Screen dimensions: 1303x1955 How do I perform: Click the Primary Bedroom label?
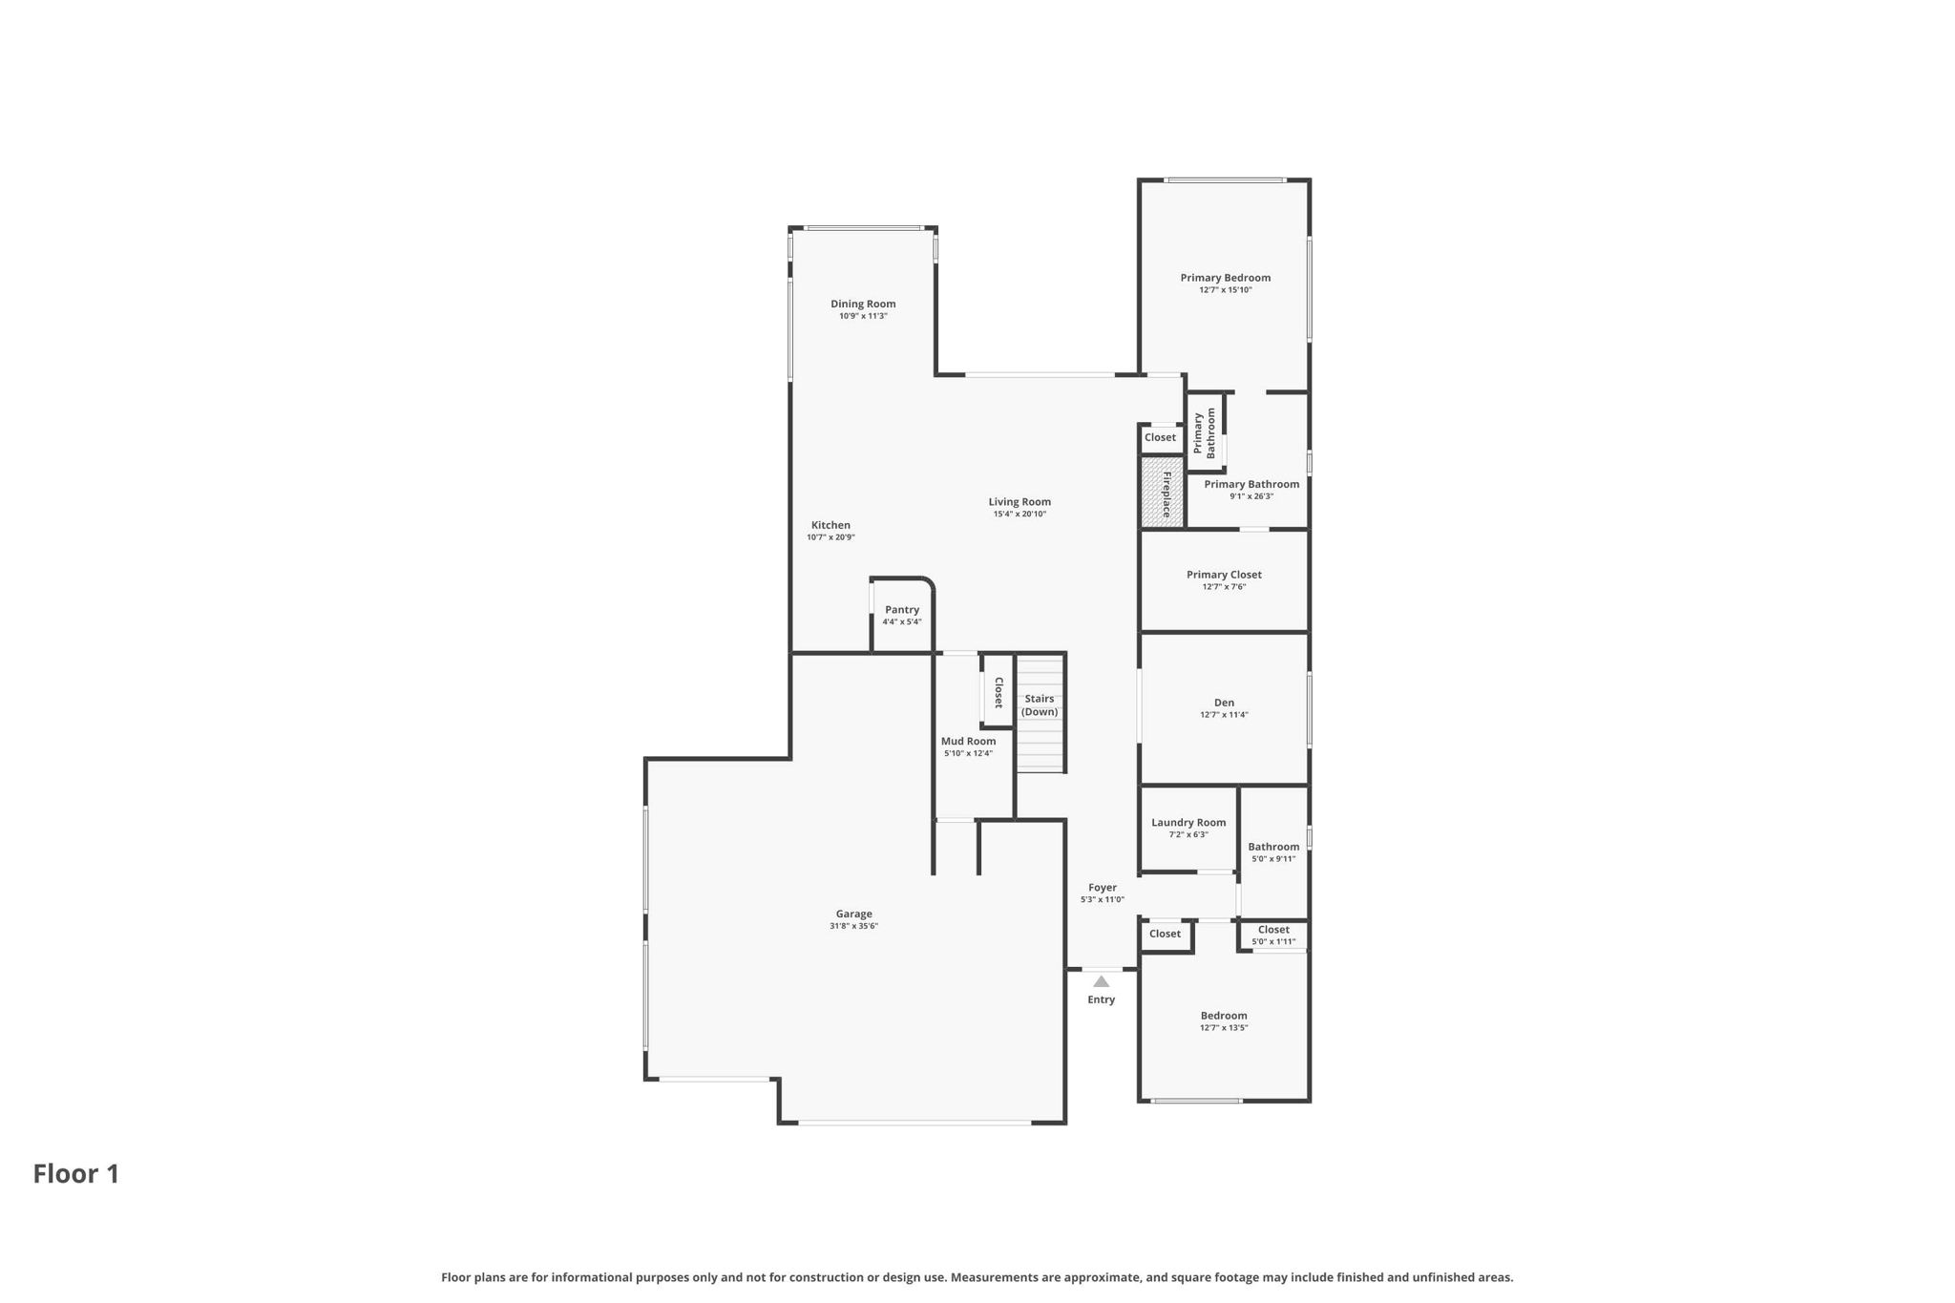click(1225, 278)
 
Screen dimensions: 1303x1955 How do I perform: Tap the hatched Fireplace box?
click(1162, 493)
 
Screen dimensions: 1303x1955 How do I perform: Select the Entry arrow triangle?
click(1101, 981)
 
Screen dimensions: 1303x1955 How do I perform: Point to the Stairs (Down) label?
click(1040, 705)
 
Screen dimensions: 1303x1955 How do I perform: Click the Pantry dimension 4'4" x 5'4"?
click(901, 622)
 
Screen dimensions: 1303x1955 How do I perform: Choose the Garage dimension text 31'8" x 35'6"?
click(853, 926)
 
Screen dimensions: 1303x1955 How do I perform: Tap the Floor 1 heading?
click(76, 1173)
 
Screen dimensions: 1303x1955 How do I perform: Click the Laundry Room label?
click(1188, 822)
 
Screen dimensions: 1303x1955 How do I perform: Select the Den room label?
click(1224, 703)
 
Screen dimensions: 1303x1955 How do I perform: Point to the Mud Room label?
click(968, 741)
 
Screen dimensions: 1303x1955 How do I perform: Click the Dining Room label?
click(863, 304)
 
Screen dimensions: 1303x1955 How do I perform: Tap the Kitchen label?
click(830, 525)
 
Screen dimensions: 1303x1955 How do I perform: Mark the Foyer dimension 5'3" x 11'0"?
click(1102, 900)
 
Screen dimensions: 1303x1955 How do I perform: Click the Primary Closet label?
click(1224, 575)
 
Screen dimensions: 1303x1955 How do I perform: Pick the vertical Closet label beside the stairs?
click(999, 692)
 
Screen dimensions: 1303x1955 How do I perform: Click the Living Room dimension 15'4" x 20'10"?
click(1020, 515)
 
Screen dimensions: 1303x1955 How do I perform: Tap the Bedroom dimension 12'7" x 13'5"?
click(1224, 1028)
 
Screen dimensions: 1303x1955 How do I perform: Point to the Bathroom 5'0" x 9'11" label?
click(1273, 847)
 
